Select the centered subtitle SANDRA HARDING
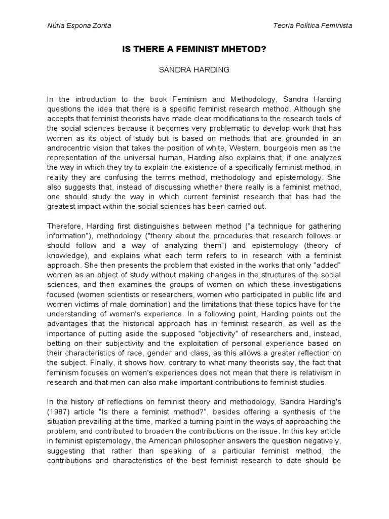(x=194, y=70)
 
